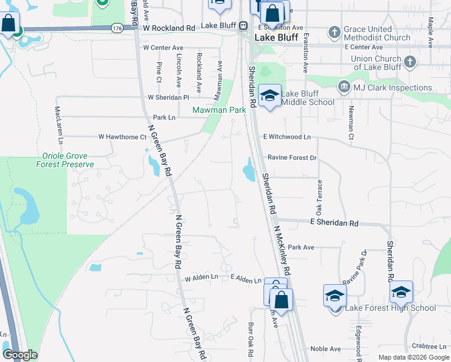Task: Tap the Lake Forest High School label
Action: [x=390, y=308]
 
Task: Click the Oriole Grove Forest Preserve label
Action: [x=65, y=160]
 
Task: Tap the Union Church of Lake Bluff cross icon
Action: [x=409, y=62]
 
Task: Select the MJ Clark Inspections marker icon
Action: [x=344, y=87]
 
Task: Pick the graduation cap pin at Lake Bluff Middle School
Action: [x=270, y=95]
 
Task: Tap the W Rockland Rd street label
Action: [x=169, y=28]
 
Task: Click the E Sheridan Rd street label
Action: [x=335, y=223]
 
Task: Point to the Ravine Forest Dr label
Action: [x=292, y=157]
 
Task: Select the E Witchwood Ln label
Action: [x=286, y=137]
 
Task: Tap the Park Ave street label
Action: [x=301, y=247]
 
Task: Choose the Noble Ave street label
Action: [x=326, y=349]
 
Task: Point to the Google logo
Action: [x=20, y=355]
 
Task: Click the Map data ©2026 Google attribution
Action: [x=413, y=357]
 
